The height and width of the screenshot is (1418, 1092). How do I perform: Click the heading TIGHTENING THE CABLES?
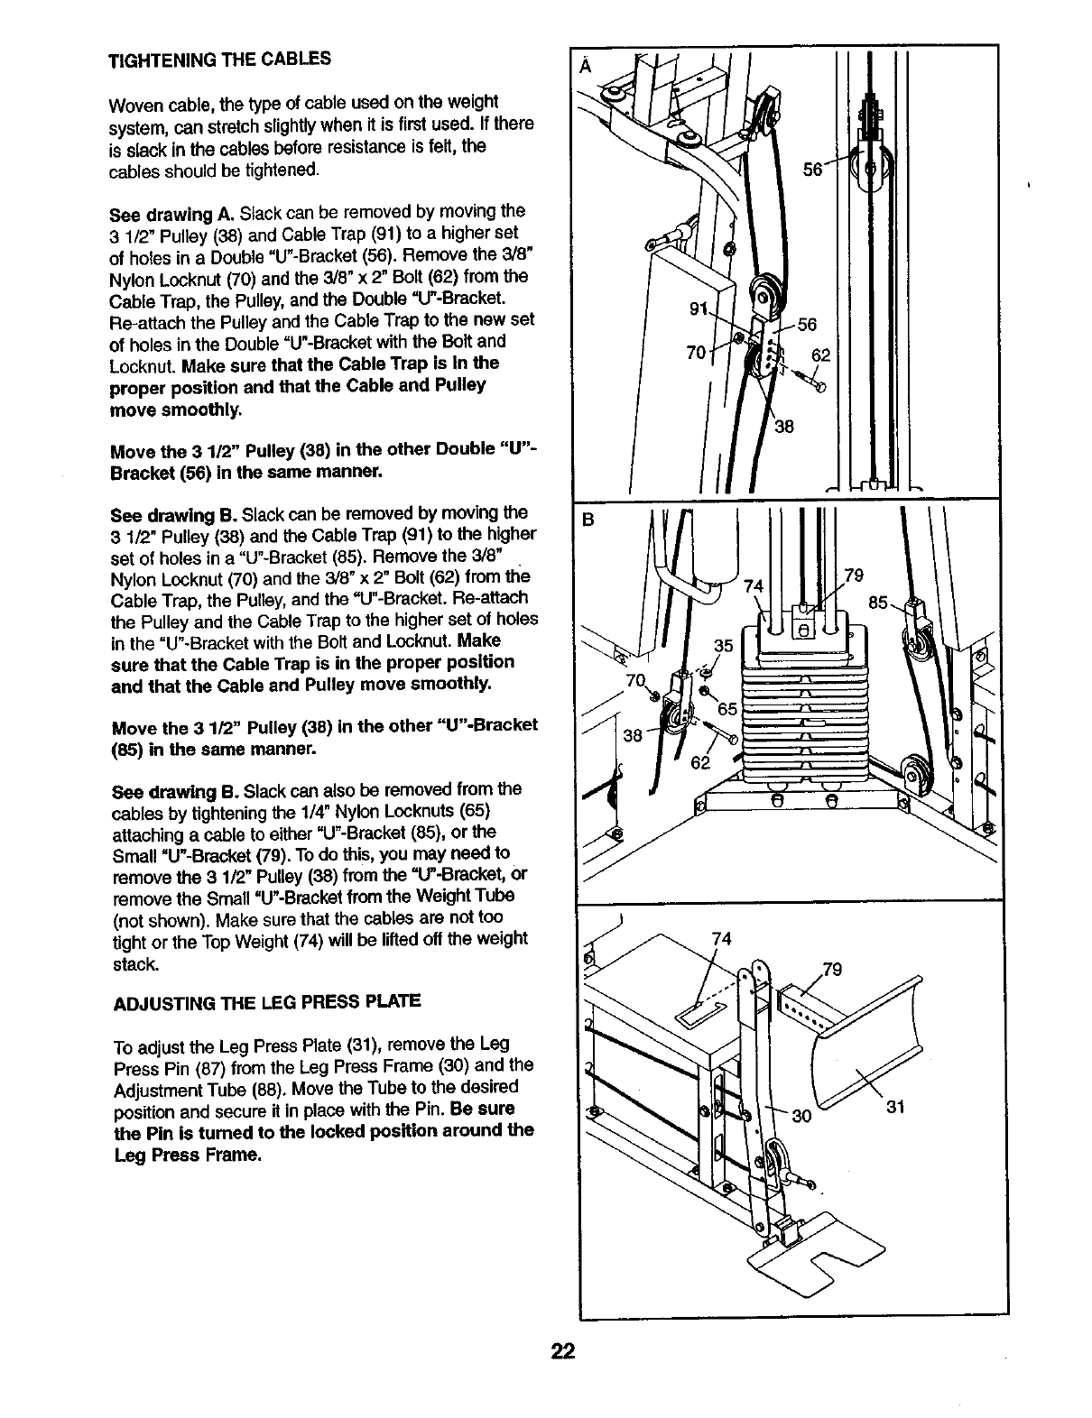(219, 60)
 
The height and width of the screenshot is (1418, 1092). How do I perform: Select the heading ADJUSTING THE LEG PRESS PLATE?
(266, 1002)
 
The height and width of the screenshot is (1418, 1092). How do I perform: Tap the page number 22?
(563, 1351)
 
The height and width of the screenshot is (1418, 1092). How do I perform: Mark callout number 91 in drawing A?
(698, 310)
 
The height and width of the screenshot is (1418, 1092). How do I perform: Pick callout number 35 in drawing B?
(723, 646)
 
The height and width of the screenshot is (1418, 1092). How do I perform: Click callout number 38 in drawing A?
(783, 427)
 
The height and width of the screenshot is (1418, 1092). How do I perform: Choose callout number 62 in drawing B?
(700, 762)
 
